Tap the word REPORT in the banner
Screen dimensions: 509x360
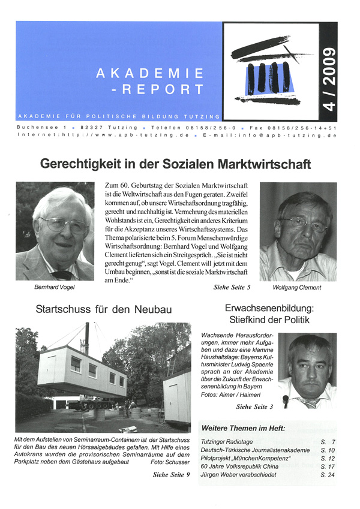(167, 89)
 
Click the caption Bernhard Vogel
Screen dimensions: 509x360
(55, 288)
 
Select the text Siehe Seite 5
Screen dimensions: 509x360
(232, 288)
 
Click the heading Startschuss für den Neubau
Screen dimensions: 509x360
(104, 309)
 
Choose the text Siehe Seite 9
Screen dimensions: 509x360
(172, 475)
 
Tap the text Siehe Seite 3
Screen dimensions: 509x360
(255, 406)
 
